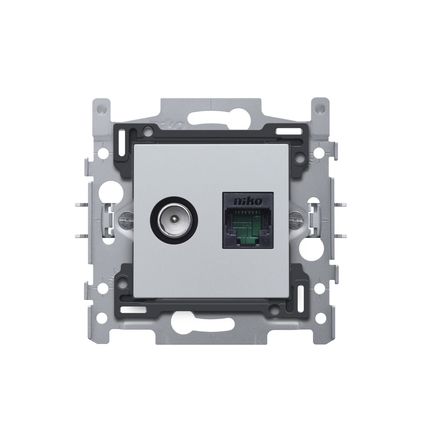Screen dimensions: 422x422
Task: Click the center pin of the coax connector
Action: click(x=174, y=220)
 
